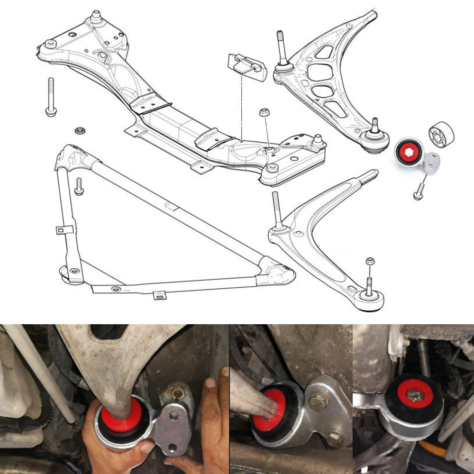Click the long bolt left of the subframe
tap(50, 97)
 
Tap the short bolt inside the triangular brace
tap(79, 186)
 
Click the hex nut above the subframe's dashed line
tap(264, 113)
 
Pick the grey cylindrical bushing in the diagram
tap(441, 134)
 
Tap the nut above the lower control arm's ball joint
tap(371, 261)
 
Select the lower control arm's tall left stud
tap(277, 211)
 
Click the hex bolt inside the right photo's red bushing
tap(415, 394)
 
